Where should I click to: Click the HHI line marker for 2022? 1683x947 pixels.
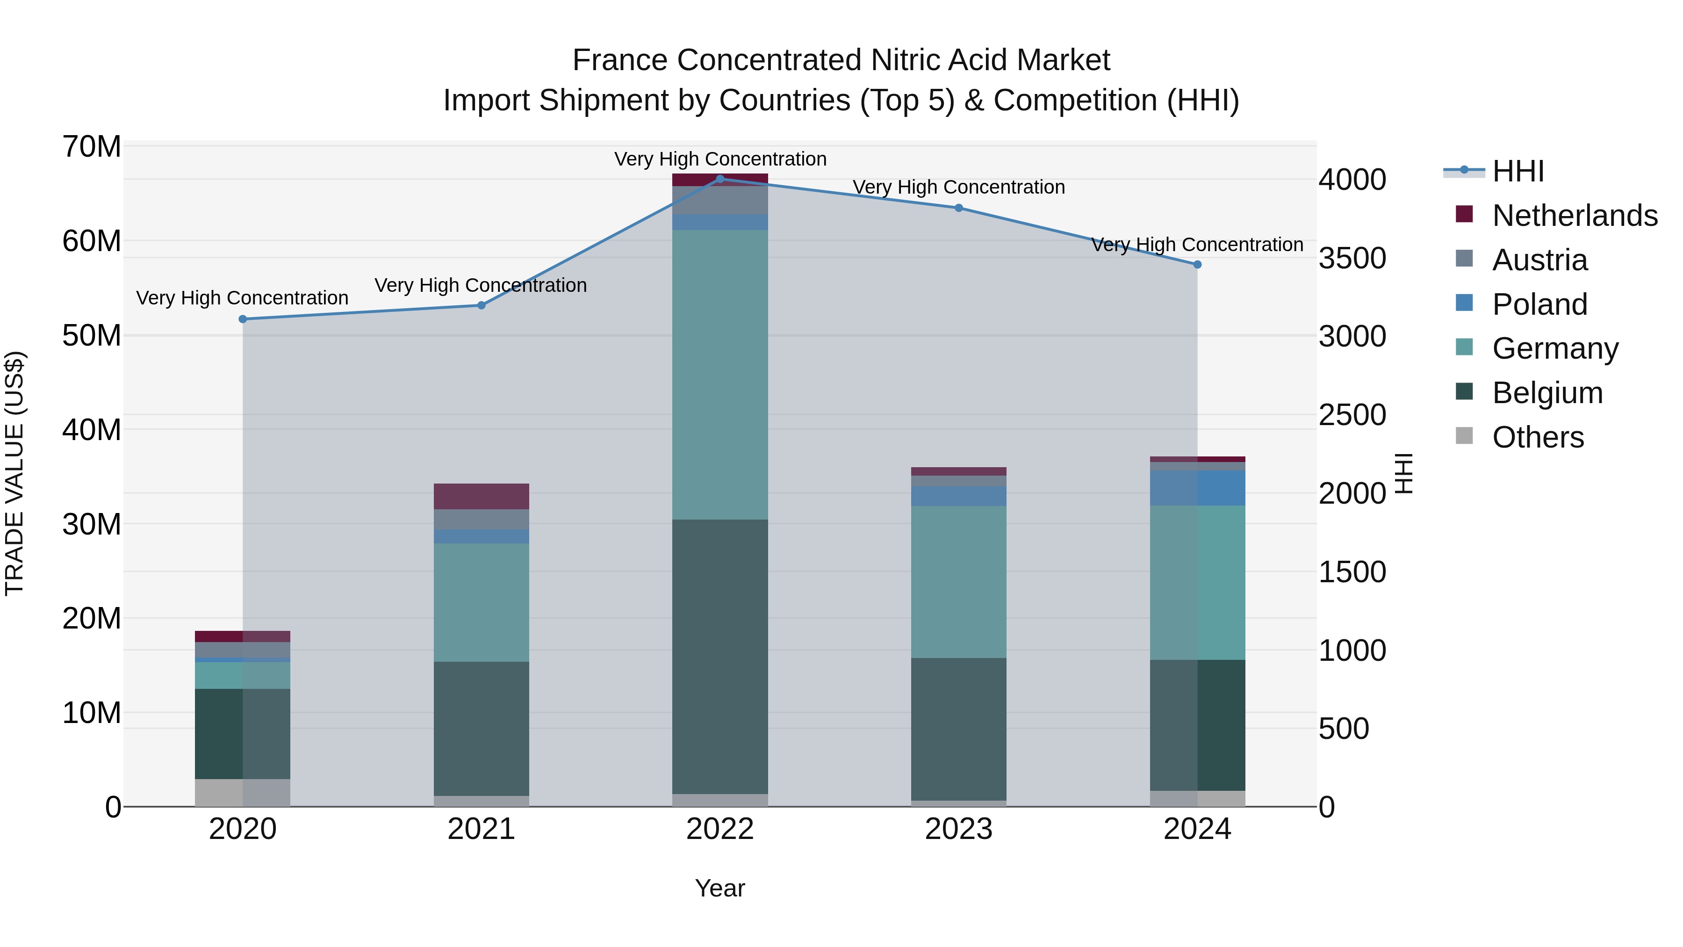pos(720,179)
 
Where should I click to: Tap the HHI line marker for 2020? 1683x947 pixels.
pos(242,319)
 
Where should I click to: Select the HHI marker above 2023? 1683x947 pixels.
pos(958,208)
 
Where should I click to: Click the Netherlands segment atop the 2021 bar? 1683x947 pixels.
pos(482,496)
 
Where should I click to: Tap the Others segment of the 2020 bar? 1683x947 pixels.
pos(242,792)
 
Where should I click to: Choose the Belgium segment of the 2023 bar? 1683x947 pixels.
pos(958,729)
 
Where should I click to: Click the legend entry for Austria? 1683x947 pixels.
pos(1539,260)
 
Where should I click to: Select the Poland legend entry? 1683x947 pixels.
pos(1539,304)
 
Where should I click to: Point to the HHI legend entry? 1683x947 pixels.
pos(1517,171)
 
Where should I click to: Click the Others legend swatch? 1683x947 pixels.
pos(1464,436)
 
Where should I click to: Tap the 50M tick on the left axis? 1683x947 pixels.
pos(92,336)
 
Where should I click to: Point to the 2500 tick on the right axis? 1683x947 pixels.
pos(1352,415)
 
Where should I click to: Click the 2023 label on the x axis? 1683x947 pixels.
pos(958,829)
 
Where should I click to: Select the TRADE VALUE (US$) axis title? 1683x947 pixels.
pos(14,473)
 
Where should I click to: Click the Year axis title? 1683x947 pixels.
pos(719,888)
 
